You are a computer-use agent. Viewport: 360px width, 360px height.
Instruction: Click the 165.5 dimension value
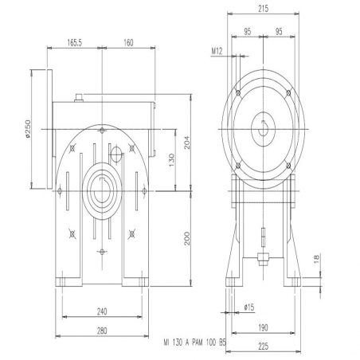tap(74, 42)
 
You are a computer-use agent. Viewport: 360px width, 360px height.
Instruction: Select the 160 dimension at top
tap(128, 42)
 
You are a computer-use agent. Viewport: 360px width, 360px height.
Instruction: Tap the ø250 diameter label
tap(28, 129)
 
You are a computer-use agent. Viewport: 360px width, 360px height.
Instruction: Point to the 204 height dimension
tap(187, 143)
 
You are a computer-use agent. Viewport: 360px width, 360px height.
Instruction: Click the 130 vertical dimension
tap(172, 159)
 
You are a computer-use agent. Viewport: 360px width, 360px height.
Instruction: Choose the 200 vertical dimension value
tap(187, 238)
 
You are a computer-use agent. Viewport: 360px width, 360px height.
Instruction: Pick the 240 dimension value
tap(102, 311)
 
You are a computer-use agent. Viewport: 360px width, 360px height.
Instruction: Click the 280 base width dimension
tap(102, 331)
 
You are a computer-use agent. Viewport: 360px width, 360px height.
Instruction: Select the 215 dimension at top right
tap(263, 9)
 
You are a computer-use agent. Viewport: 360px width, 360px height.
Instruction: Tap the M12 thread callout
tap(217, 51)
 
